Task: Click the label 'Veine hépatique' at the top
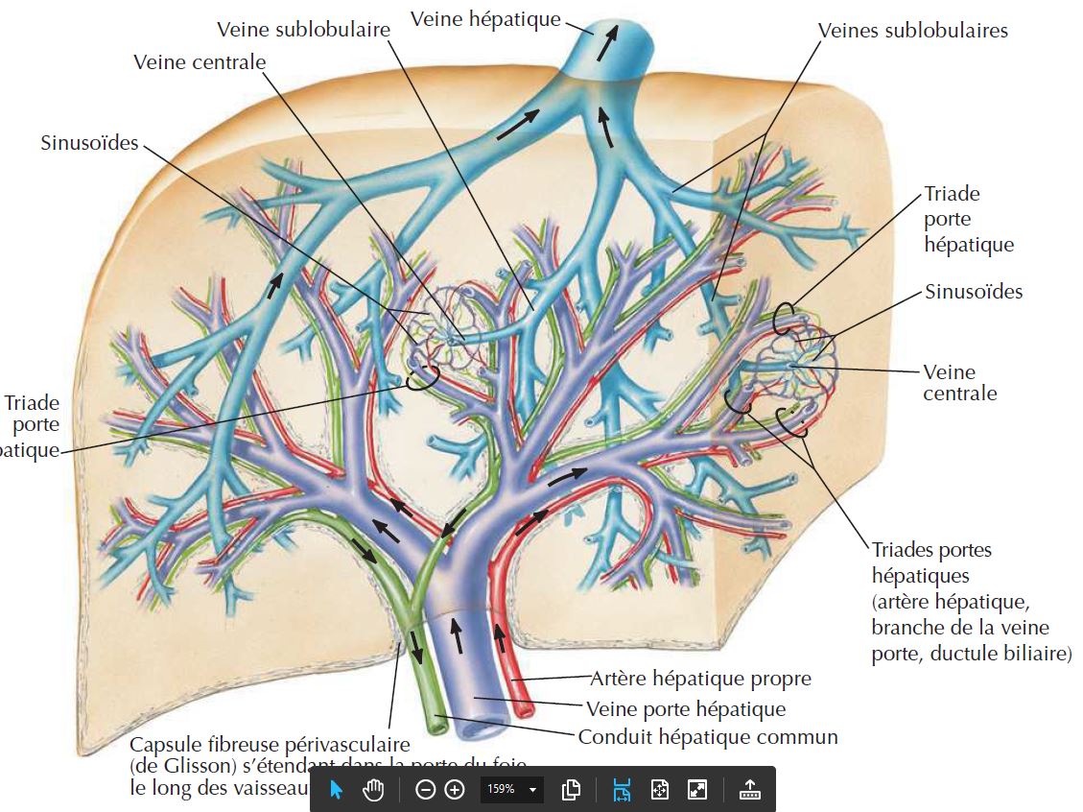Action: (x=484, y=18)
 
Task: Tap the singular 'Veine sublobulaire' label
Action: (x=304, y=30)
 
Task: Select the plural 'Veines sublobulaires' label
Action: (x=912, y=31)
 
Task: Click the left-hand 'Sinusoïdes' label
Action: (x=89, y=143)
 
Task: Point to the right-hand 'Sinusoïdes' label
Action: (x=974, y=292)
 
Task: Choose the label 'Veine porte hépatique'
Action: (x=685, y=709)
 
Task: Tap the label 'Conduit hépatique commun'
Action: (x=708, y=737)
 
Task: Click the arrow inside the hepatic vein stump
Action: (x=606, y=43)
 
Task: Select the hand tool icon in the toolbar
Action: (x=373, y=790)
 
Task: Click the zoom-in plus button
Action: (x=455, y=790)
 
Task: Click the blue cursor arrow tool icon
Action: (x=336, y=790)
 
